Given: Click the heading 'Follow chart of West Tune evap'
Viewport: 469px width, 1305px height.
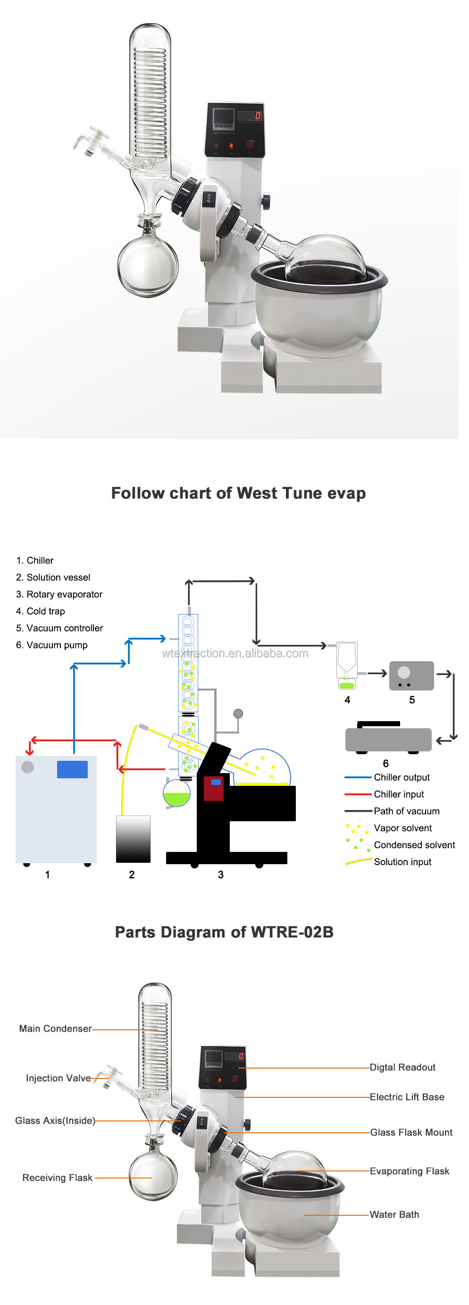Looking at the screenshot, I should click(238, 493).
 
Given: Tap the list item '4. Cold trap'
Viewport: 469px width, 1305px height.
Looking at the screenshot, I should click(41, 611).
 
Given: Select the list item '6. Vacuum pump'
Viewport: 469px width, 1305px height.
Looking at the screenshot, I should click(51, 645).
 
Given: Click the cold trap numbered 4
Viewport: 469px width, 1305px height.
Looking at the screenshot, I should click(347, 665).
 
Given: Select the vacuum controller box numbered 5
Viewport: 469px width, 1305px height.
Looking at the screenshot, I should click(411, 675).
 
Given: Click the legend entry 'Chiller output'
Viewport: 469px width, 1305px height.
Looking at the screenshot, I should click(402, 777).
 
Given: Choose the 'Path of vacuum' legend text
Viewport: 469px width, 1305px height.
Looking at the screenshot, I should click(406, 811).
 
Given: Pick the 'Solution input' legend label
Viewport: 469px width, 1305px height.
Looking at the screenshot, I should click(402, 862).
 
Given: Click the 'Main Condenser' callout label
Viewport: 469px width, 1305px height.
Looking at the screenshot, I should click(55, 1028).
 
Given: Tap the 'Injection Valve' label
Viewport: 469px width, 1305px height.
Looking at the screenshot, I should click(58, 1078).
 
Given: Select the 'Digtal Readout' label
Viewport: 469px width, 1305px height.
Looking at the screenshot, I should click(402, 1067).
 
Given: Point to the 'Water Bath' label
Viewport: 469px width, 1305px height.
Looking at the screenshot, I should click(394, 1214).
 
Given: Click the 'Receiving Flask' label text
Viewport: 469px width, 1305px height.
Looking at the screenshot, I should click(57, 1178).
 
